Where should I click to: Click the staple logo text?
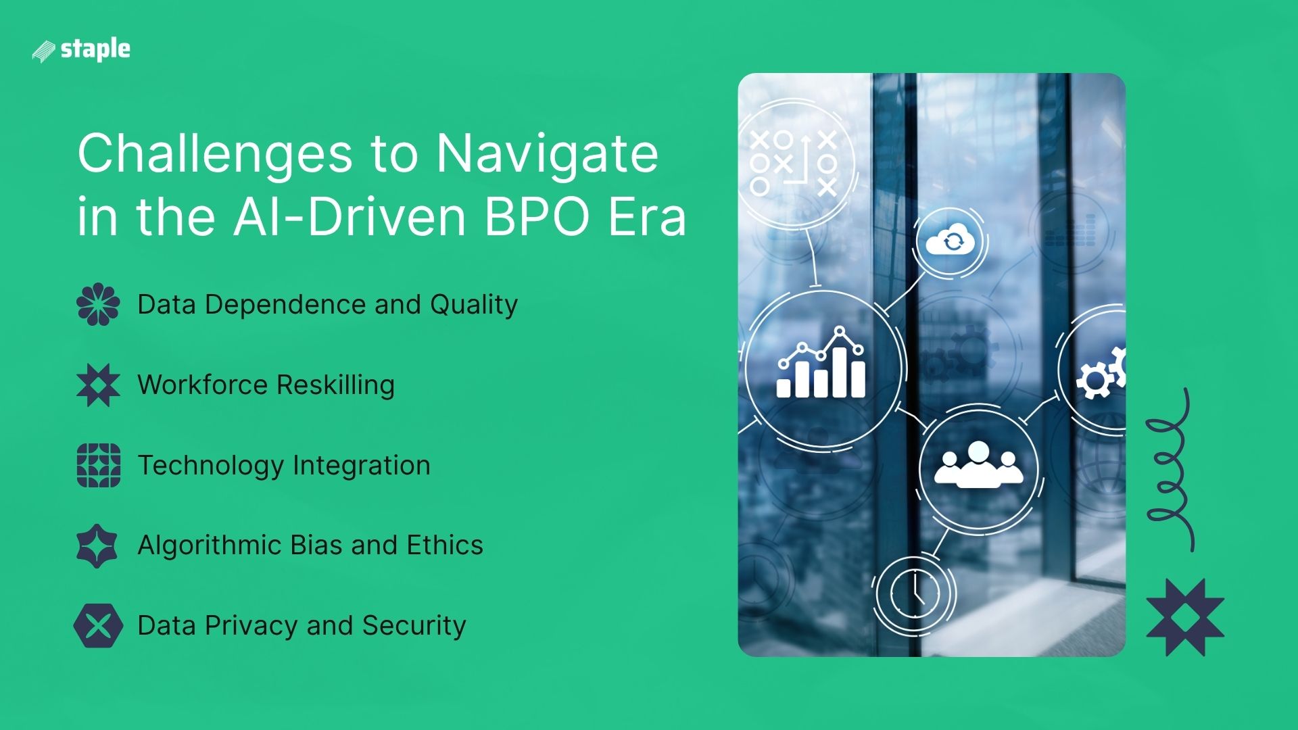tap(95, 49)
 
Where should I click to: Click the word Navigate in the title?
tap(546, 154)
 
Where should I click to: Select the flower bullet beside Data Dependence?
tap(98, 304)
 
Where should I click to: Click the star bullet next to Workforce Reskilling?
tap(98, 385)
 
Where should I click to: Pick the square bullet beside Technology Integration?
tap(98, 465)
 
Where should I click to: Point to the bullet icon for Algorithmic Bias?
tap(97, 545)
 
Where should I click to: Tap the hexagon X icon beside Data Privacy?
tap(98, 626)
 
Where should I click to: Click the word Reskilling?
tap(335, 385)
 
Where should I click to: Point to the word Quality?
tap(474, 305)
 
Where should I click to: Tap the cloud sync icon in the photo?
tap(950, 241)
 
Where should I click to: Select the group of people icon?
tap(978, 465)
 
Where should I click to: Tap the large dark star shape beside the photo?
tap(1184, 617)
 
